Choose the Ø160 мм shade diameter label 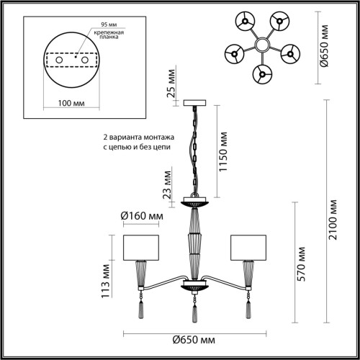(141, 216)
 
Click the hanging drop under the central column (194, 314)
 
